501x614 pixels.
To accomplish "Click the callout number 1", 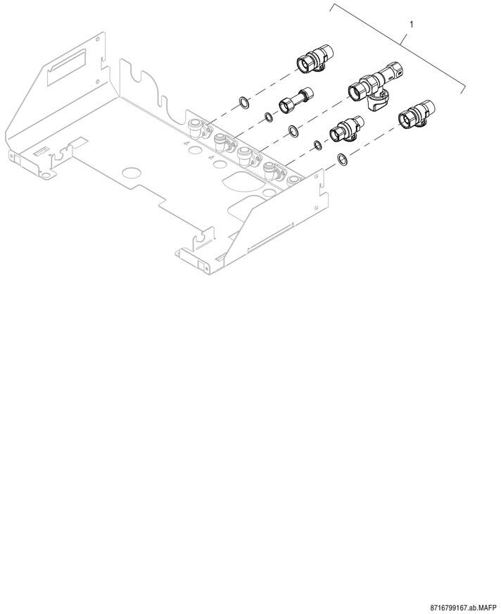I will pos(412,25).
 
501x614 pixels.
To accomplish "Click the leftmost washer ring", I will pos(243,103).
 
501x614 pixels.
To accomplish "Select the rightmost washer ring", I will pos(341,160).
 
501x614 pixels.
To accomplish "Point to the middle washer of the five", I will pos(292,130).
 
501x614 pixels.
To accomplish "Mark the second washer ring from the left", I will pos(269,116).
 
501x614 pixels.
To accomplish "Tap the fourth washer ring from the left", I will pos(317,145).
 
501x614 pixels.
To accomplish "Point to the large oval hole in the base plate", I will pos(239,180).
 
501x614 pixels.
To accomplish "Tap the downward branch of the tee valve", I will pos(377,103).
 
